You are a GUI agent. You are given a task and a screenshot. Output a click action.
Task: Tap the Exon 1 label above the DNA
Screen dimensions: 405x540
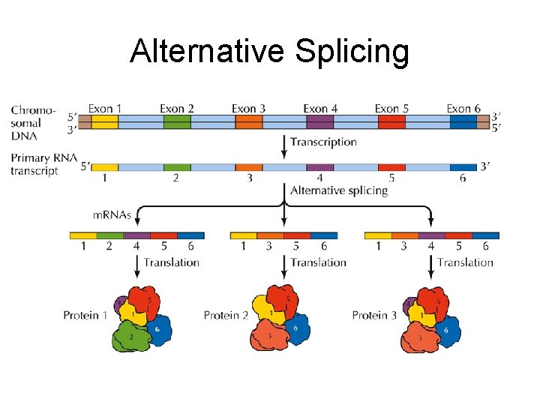coord(105,109)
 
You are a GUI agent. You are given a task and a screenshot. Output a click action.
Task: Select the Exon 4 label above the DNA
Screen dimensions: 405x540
coord(320,109)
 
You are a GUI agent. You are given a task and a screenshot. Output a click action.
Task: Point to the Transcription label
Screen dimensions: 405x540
coord(323,142)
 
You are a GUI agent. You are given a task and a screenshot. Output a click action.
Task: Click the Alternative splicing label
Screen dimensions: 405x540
coord(339,190)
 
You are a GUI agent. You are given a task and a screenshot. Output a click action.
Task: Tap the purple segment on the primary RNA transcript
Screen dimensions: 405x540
coord(320,167)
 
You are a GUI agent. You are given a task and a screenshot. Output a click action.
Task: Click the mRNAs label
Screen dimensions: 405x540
coord(112,215)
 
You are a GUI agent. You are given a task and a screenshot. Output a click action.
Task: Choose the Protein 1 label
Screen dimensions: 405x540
coord(85,315)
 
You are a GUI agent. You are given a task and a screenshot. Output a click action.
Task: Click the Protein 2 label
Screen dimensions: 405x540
coord(226,315)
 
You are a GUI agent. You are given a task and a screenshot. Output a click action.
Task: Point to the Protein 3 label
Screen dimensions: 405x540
coord(374,315)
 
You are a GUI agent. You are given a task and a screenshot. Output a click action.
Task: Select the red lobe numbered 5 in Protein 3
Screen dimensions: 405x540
coord(436,301)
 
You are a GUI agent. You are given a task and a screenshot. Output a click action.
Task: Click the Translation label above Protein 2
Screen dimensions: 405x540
coord(318,262)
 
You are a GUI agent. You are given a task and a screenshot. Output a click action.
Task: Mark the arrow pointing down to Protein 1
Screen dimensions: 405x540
coord(137,263)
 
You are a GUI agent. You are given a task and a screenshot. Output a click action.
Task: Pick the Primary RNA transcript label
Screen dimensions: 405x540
coord(34,164)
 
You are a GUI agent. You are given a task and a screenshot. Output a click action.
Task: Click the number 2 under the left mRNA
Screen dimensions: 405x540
coord(109,246)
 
